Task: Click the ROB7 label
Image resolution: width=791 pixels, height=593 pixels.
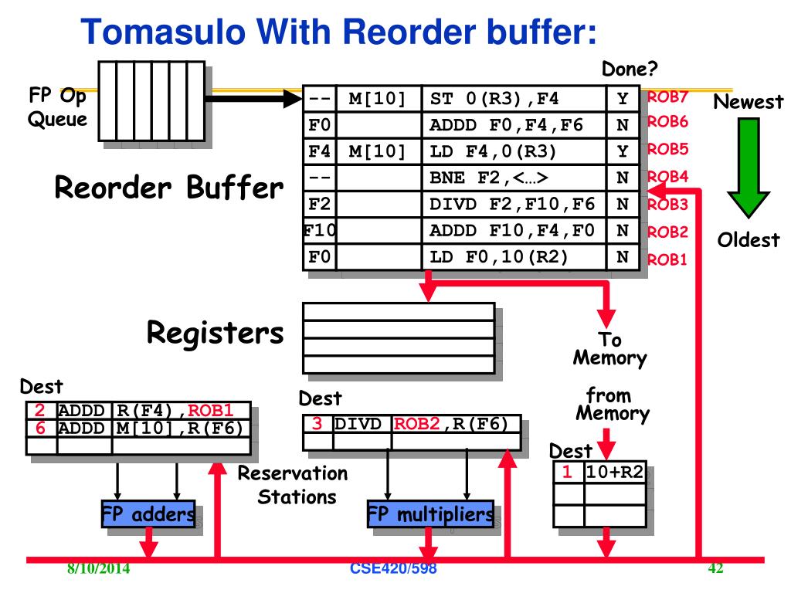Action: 667,97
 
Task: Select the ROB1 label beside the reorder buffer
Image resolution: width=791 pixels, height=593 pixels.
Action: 667,259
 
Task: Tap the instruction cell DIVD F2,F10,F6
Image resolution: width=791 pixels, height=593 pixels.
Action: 514,204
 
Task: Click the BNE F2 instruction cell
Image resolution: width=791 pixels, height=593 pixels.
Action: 514,178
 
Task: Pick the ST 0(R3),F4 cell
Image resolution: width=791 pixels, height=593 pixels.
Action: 514,99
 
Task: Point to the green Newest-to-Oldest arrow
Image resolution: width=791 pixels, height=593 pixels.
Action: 748,168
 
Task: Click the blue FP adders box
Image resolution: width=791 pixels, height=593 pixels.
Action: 148,513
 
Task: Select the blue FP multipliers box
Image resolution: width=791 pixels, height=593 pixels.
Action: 430,513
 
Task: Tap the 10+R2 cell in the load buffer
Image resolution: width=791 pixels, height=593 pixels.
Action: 615,473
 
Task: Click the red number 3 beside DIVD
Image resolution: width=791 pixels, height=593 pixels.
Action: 317,424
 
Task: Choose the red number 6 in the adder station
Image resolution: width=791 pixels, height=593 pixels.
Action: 40,428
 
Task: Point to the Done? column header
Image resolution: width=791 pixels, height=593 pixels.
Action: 630,69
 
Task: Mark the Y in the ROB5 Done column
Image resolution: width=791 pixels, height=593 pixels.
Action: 623,151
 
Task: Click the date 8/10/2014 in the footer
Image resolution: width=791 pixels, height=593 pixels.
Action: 98,569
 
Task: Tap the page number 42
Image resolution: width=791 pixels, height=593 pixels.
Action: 715,568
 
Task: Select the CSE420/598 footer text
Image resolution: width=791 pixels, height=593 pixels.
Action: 393,568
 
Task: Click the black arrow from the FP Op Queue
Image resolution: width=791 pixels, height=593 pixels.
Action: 253,98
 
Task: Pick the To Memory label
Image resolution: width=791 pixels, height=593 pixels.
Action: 610,349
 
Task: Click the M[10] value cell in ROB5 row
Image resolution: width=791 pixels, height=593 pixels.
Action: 377,151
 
